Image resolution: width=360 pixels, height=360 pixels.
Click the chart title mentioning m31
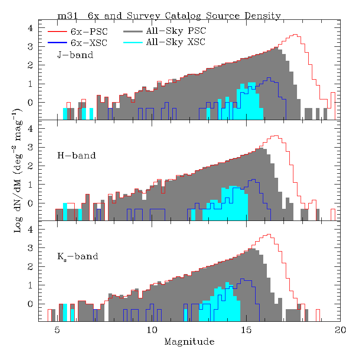169,16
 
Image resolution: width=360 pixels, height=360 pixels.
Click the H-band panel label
76,156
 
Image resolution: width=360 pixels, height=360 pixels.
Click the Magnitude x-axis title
189,342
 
